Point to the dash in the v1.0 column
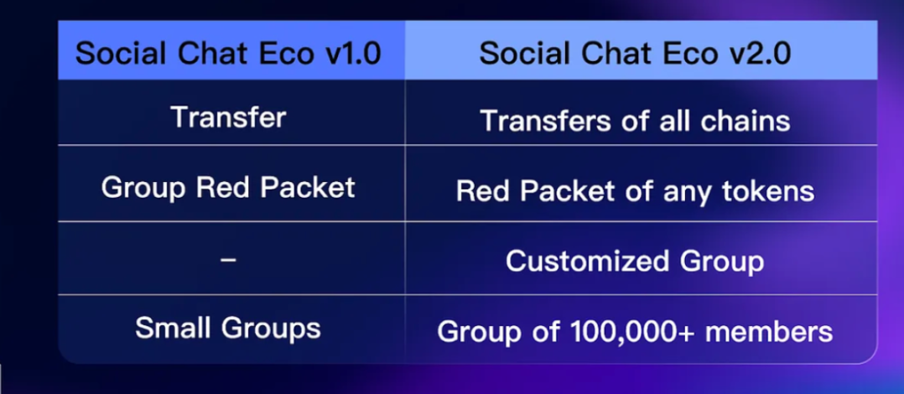coord(228,260)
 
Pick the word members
coord(769,332)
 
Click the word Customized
coord(588,261)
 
